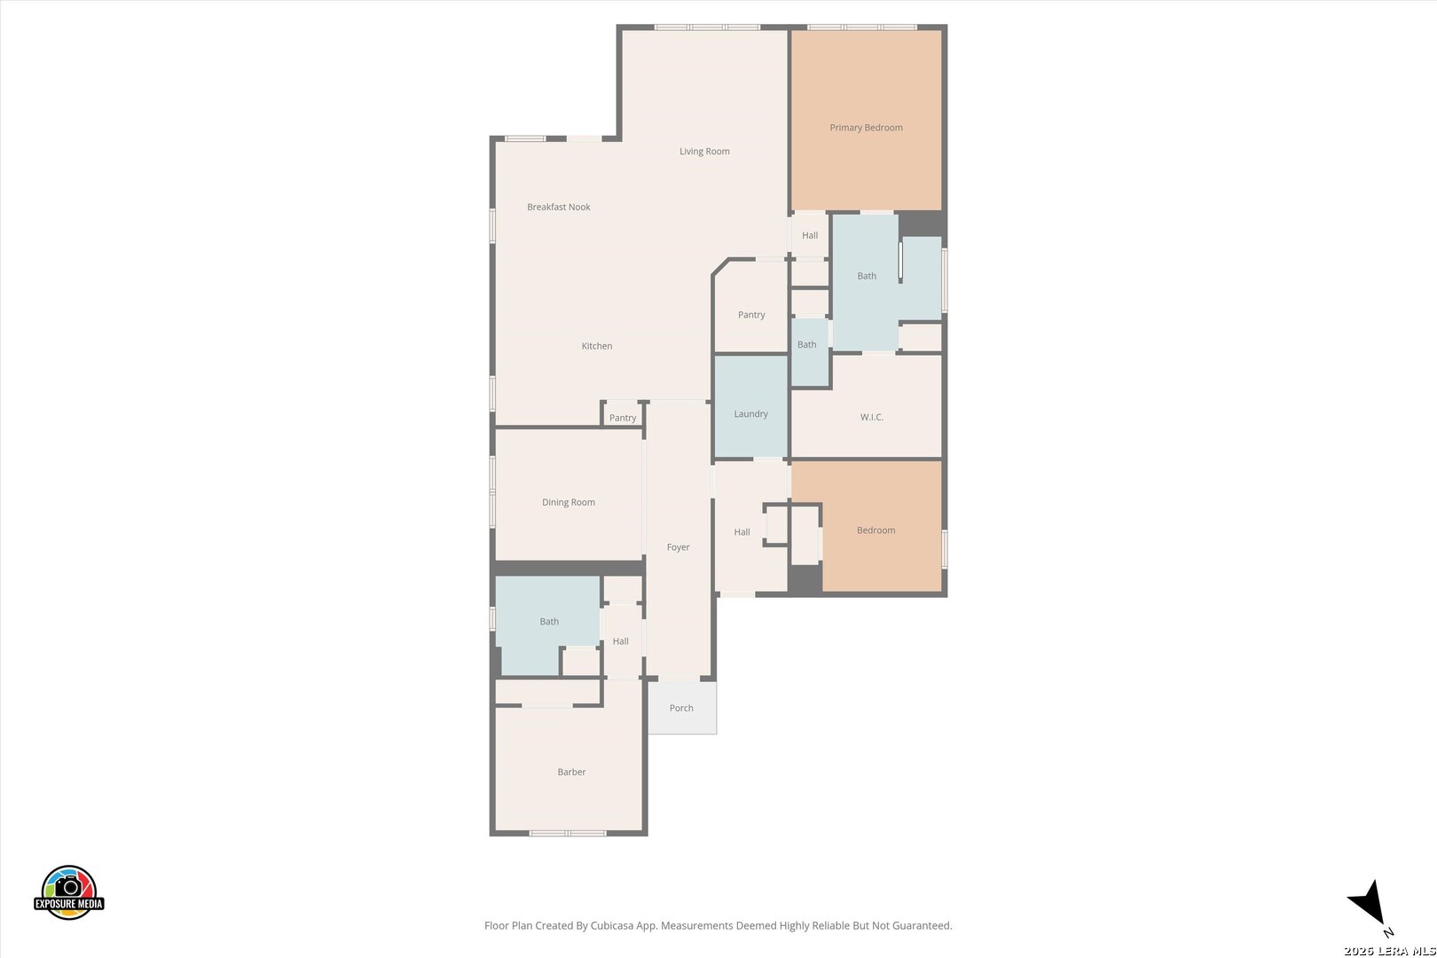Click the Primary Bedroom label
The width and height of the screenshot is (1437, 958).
tap(866, 128)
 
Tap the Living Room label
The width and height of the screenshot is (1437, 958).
tap(704, 152)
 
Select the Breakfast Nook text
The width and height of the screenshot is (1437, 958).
tap(559, 207)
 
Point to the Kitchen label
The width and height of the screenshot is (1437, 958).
tap(597, 346)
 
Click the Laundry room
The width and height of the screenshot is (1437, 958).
tap(750, 407)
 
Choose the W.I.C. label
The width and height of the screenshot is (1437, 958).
tap(872, 417)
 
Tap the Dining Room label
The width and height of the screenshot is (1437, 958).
tap(569, 502)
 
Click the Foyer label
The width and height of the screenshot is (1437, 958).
tap(678, 547)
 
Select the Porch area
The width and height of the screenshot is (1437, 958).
tap(682, 707)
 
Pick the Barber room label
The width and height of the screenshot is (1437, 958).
tap(571, 772)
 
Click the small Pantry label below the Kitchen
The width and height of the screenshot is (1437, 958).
tap(623, 418)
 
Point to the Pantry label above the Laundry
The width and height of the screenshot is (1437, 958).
tap(751, 315)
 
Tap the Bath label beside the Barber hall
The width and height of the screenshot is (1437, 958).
tap(549, 621)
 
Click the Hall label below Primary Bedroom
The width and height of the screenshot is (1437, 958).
tap(810, 235)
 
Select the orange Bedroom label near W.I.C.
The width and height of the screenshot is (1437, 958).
tap(876, 530)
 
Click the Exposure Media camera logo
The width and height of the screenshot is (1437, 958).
tap(68, 891)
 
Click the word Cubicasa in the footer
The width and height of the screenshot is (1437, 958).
tap(614, 926)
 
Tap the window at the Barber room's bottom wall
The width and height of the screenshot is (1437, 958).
tap(567, 833)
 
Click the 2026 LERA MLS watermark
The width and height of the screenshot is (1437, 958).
tap(1389, 950)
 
